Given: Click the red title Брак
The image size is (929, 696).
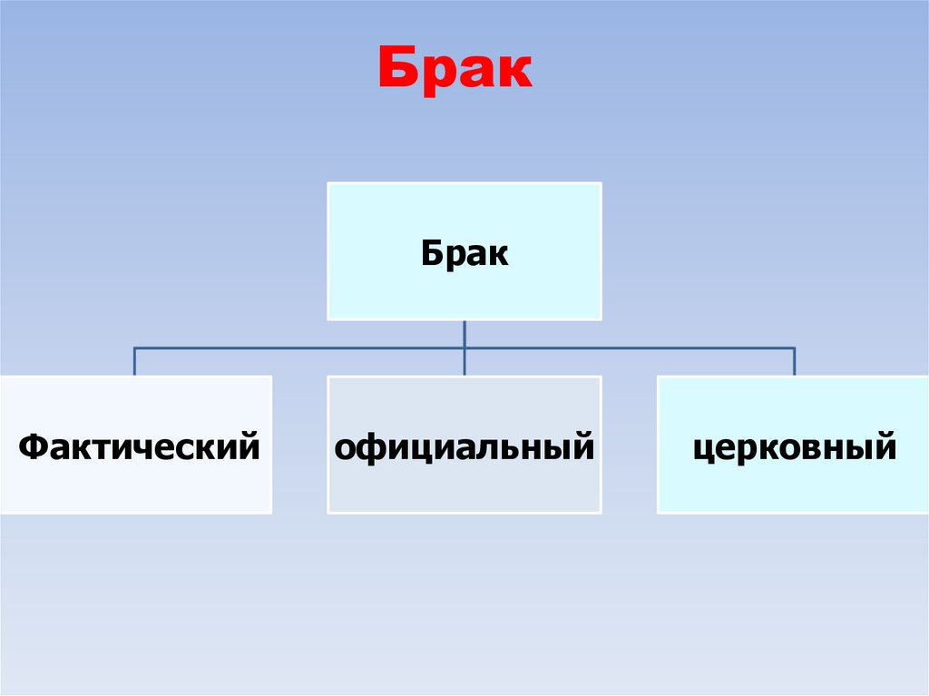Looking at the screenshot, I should [455, 71].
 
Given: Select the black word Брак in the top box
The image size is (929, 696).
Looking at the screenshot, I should [464, 254].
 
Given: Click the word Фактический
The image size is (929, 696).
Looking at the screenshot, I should [139, 446].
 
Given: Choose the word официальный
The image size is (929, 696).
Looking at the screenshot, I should [464, 447].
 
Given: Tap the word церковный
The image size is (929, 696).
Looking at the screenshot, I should [795, 447].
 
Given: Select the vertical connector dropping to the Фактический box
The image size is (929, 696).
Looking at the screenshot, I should [135, 361].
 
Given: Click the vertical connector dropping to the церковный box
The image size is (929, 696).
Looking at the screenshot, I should [795, 361].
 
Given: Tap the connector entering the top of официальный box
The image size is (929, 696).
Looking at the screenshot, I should [464, 363].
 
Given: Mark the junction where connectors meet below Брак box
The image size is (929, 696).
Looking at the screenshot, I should [464, 348].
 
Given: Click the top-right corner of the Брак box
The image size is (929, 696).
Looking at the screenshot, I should [601, 183].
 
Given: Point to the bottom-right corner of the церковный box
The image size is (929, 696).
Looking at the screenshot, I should [926, 513].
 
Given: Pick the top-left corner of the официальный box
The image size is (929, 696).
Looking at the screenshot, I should [328, 377].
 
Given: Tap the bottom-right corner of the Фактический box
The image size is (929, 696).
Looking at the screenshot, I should [271, 513].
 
